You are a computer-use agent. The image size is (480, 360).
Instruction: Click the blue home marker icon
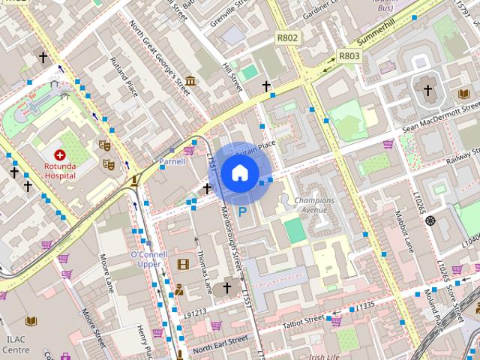click(x=239, y=173)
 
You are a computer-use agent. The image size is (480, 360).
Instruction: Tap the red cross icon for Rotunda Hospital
click(x=59, y=154)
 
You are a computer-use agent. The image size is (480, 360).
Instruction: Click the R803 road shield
click(x=349, y=55)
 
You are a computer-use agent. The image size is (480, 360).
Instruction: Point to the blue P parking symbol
click(x=242, y=212)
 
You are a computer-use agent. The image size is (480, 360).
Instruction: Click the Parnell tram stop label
click(x=172, y=161)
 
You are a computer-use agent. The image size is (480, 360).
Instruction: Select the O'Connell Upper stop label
click(x=148, y=259)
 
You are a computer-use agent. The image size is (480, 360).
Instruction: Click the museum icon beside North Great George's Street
click(x=190, y=80)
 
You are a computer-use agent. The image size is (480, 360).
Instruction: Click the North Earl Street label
click(x=220, y=343)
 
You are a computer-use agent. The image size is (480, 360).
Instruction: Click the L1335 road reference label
click(x=365, y=306)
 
